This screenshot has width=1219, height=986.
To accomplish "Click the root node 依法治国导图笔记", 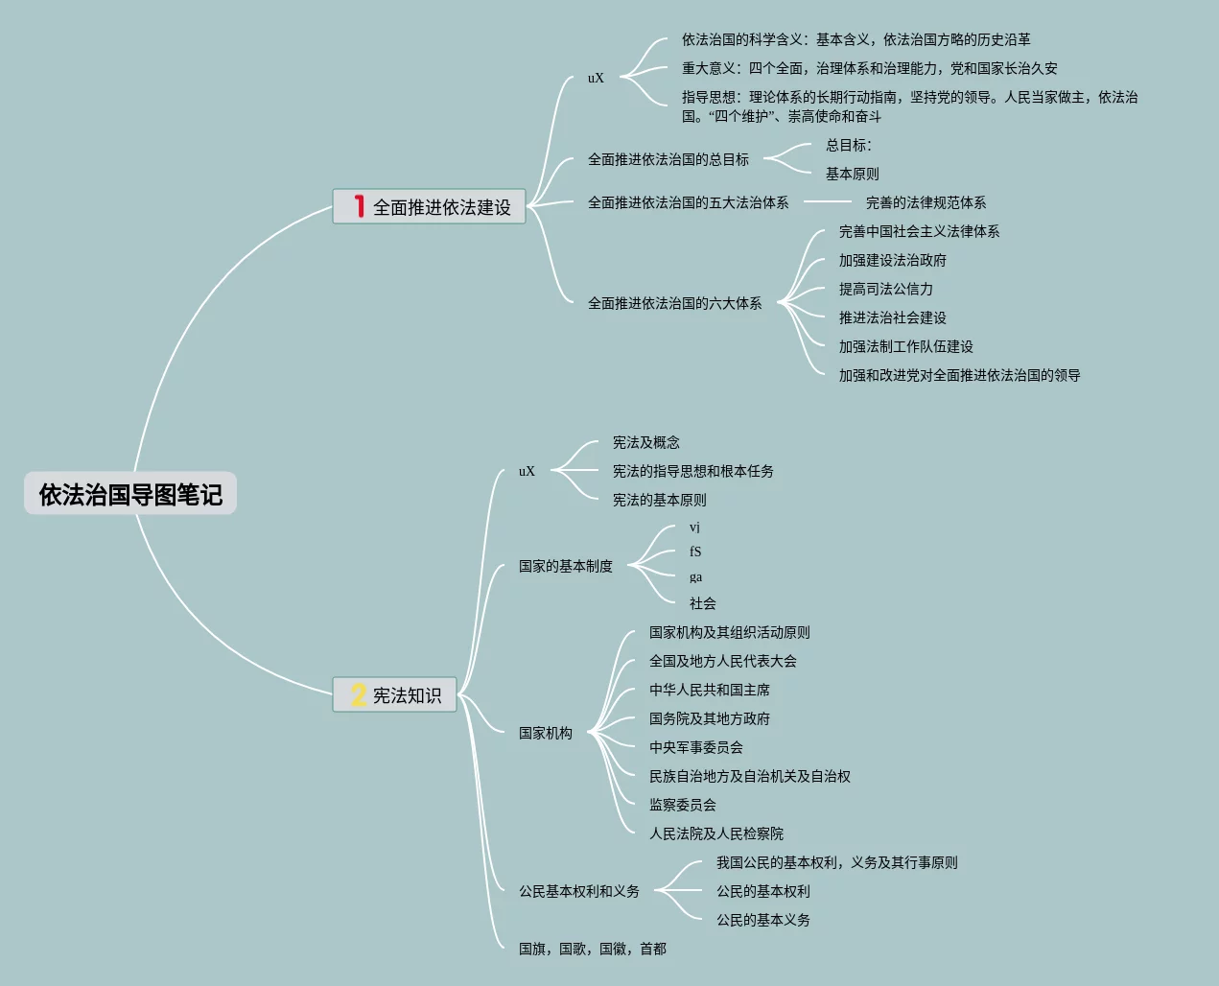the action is click(130, 494).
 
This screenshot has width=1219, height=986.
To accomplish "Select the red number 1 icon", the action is click(359, 206).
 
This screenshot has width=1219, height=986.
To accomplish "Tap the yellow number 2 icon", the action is click(359, 694).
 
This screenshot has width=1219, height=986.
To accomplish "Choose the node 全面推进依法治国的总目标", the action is click(668, 159).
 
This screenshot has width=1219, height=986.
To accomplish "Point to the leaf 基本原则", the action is click(852, 174).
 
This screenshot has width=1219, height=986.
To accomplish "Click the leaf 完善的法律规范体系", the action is click(926, 202).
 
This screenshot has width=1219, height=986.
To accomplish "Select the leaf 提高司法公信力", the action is click(885, 289).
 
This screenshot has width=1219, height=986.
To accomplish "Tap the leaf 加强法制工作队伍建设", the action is click(905, 346).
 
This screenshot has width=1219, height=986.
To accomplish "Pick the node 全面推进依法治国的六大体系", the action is click(674, 303).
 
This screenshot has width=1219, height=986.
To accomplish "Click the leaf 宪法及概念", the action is click(645, 442).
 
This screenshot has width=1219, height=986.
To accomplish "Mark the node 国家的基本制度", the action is click(565, 566).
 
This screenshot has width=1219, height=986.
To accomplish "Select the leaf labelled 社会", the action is click(702, 603).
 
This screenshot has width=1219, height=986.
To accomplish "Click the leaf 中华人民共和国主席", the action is click(709, 690).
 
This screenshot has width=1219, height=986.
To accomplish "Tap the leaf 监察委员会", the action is click(682, 805).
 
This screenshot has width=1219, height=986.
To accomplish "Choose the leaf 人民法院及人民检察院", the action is click(715, 833).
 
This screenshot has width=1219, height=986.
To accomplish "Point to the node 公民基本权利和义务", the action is click(578, 891).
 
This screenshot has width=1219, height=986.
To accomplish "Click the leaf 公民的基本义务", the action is click(762, 920).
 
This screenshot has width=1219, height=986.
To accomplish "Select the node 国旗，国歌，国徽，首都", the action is click(592, 949).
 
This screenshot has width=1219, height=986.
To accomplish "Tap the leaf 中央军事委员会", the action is click(695, 747).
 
